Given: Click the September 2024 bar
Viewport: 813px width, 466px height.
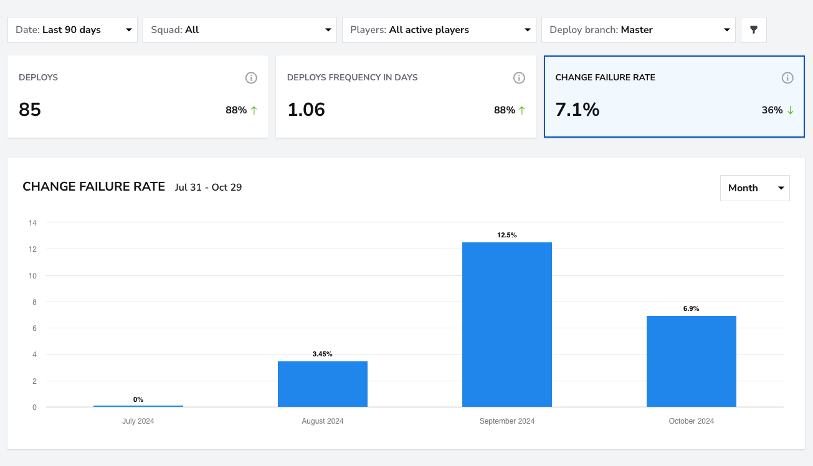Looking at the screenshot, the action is [x=507, y=325].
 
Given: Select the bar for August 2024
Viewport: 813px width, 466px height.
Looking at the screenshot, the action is [x=323, y=384].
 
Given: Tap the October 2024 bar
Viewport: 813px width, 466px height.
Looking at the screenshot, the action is [x=692, y=361].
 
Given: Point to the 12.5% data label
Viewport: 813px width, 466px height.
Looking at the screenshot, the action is [x=507, y=235].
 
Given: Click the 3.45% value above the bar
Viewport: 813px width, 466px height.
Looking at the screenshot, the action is [x=323, y=354].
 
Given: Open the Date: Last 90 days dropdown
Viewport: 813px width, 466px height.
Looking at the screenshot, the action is [x=73, y=30].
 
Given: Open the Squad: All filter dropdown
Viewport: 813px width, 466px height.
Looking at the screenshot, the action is [x=240, y=30].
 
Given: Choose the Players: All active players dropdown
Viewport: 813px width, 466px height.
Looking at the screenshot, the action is [x=439, y=30].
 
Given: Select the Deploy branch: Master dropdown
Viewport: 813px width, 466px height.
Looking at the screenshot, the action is [x=639, y=30].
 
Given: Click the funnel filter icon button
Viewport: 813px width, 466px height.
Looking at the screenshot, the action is [x=754, y=30].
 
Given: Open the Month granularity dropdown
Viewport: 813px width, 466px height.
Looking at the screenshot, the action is [x=755, y=188].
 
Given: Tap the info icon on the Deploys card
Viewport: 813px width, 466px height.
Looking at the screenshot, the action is [x=251, y=78].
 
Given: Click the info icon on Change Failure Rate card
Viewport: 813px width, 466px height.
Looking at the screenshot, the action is [x=787, y=78].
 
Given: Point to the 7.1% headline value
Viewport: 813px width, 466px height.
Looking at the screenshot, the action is [x=578, y=110].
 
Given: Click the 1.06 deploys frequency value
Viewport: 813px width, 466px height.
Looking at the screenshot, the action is [x=307, y=110].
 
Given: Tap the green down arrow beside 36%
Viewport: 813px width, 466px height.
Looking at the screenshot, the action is [x=790, y=110].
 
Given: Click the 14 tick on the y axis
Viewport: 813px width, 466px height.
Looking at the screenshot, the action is [x=32, y=223].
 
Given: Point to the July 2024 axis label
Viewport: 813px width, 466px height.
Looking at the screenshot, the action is [x=138, y=421].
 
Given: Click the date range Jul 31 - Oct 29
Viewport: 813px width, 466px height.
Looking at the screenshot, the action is [x=208, y=188].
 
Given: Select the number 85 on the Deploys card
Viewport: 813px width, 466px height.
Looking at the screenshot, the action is [x=30, y=110].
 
